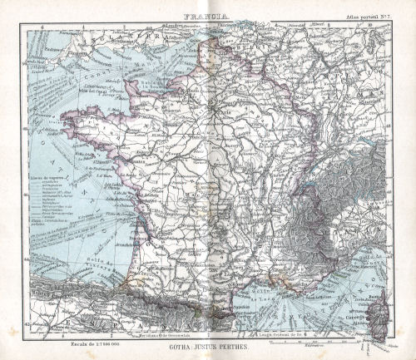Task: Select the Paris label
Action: (x=218, y=106)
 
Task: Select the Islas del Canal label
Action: (x=101, y=89)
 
